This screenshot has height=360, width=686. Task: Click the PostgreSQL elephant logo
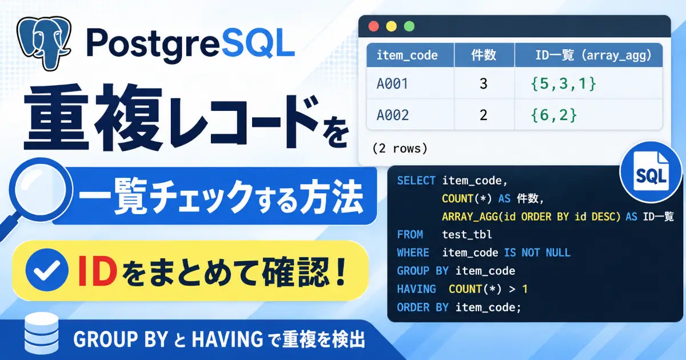[x=44, y=43]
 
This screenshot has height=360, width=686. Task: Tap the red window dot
[x=374, y=26]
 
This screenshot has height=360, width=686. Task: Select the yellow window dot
[x=392, y=26]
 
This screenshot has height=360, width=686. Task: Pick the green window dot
[x=409, y=26]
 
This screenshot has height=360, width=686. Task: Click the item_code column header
[x=407, y=55]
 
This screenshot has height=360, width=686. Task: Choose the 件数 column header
[x=484, y=55]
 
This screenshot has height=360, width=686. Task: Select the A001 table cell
[x=392, y=83]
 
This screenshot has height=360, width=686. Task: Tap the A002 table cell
[x=392, y=115]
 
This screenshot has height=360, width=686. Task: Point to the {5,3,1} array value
[x=564, y=83]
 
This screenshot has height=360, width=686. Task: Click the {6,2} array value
[x=554, y=115]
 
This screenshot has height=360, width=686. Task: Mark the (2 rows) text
[x=400, y=149]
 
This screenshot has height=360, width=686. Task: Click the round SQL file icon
[x=651, y=172]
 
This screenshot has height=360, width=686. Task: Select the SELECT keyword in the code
[x=416, y=181]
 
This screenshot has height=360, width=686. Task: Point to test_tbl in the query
[x=467, y=234]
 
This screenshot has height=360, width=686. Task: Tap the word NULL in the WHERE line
[x=558, y=253]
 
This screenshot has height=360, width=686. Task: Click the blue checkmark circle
[x=47, y=270]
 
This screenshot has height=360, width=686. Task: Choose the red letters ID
[x=97, y=271]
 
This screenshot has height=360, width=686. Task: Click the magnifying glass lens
[x=41, y=189]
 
